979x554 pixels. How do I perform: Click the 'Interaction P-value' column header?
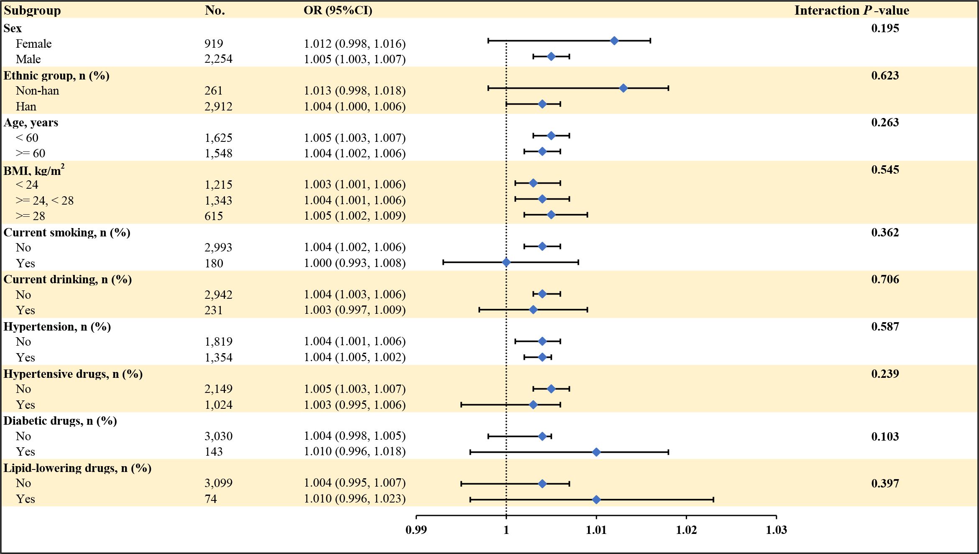(x=851, y=10)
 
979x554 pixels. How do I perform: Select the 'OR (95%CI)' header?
(x=338, y=10)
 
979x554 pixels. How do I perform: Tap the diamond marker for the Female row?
(x=614, y=41)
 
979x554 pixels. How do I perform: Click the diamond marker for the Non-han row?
(x=623, y=88)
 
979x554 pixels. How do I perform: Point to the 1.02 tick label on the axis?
(x=686, y=530)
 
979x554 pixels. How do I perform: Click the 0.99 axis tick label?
(x=416, y=530)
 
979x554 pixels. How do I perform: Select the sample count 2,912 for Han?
(x=218, y=106)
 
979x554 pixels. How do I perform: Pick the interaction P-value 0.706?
(x=885, y=279)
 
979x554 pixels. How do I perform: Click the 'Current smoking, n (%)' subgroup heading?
(x=67, y=232)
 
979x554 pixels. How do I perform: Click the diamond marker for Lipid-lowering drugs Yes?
(x=596, y=500)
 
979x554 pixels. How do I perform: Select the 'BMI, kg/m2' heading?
(x=34, y=170)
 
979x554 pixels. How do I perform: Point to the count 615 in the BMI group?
(x=214, y=216)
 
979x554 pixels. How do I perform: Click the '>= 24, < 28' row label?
(x=45, y=200)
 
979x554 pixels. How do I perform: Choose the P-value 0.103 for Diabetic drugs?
(x=885, y=436)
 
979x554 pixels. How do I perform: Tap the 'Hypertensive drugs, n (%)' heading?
(x=73, y=374)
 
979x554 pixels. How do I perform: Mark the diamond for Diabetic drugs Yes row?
(x=596, y=452)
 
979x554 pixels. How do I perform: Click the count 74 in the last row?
(x=211, y=499)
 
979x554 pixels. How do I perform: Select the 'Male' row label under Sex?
(x=28, y=59)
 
